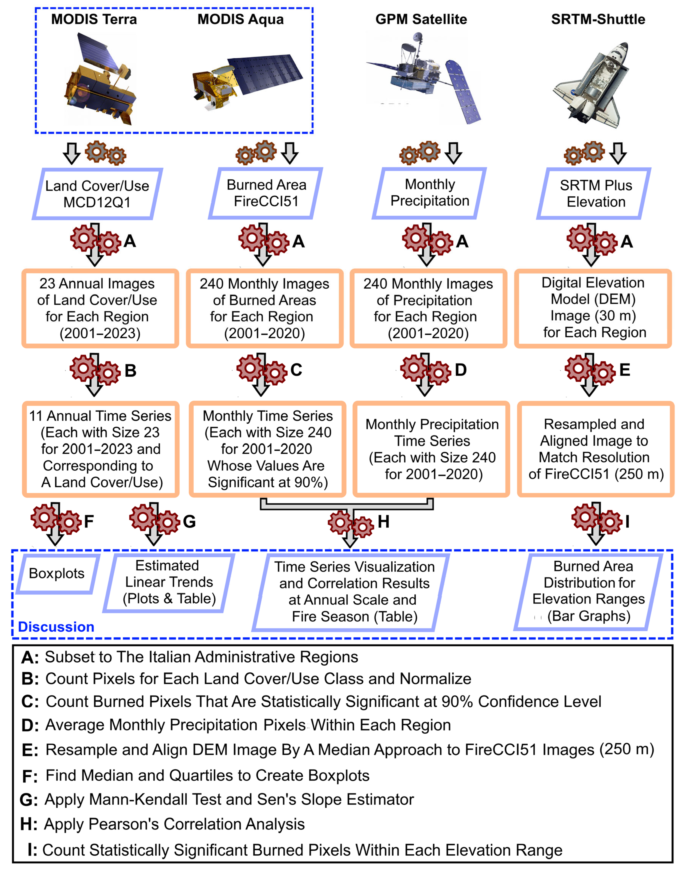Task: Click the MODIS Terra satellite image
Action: tap(100, 80)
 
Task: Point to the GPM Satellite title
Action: tap(421, 19)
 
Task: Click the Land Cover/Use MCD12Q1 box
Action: tap(97, 194)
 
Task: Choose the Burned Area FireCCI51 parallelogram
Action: tap(266, 193)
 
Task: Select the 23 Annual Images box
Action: tap(100, 308)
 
